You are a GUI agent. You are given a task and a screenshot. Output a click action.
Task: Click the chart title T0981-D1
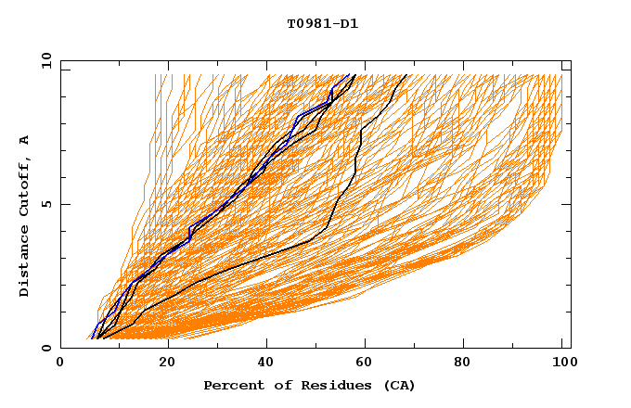pyautogui.click(x=322, y=23)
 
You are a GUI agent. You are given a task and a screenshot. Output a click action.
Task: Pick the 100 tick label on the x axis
pyautogui.click(x=562, y=363)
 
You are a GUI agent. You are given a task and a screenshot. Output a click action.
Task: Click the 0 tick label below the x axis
pyautogui.click(x=60, y=363)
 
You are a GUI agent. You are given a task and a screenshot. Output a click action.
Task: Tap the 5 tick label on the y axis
pyautogui.click(x=45, y=204)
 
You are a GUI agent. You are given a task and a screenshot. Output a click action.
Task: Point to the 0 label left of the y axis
pyautogui.click(x=45, y=348)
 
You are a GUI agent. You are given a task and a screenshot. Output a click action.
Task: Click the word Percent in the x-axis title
pyautogui.click(x=229, y=385)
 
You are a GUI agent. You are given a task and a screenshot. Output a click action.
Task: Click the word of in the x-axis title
pyautogui.click(x=277, y=385)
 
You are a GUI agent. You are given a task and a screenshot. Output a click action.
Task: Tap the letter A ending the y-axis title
pyautogui.click(x=25, y=140)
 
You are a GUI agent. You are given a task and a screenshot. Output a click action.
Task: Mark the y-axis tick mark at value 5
pyautogui.click(x=63, y=204)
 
